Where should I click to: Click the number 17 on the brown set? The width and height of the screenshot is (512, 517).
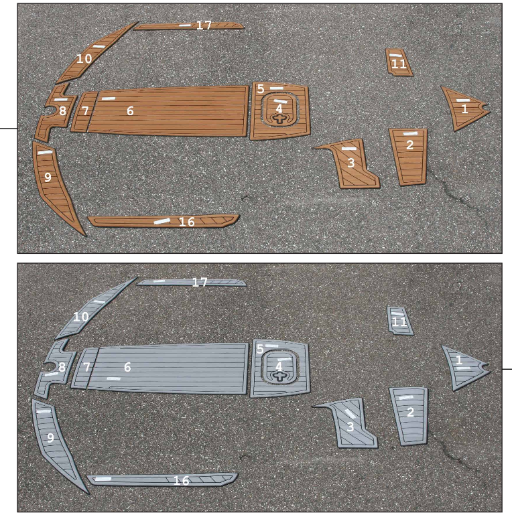pos(204,25)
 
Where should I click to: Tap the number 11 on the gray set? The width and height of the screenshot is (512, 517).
pos(399,323)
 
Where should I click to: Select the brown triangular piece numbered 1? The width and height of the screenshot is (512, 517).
pos(462,107)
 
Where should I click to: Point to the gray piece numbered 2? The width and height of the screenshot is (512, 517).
pos(409,415)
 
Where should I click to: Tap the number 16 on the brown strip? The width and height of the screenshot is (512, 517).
pos(186,222)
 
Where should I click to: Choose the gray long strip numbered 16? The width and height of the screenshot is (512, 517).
pos(161,479)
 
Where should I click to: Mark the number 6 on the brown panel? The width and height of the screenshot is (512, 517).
pos(130,111)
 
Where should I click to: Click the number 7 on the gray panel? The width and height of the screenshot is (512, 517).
pos(86,368)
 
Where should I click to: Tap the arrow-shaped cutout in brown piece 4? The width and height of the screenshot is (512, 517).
pos(279,119)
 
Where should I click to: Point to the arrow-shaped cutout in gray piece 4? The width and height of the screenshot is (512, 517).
pos(279,377)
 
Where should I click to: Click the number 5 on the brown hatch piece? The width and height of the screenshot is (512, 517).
pos(260,88)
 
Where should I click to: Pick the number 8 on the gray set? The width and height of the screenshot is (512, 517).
pos(62,367)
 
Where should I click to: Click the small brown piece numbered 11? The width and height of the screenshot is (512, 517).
pos(398,64)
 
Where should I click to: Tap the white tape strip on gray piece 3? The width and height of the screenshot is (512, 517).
pos(350,413)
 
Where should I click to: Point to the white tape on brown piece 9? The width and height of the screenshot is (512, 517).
pos(45,153)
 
